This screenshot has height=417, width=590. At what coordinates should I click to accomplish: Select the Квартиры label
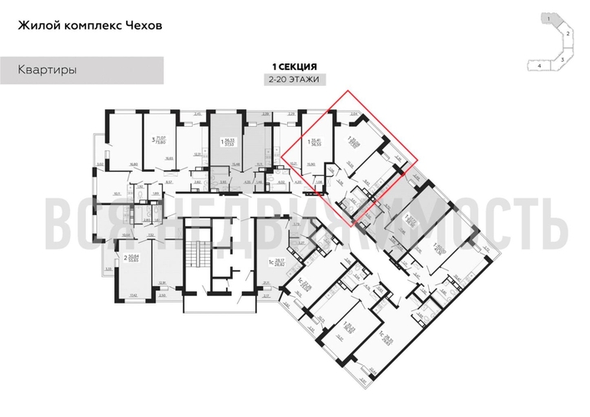click(48, 71)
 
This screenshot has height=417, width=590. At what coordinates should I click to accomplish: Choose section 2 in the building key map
click(567, 33)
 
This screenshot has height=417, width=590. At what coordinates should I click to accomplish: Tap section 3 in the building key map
click(562, 58)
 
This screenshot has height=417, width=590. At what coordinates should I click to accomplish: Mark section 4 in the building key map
click(540, 64)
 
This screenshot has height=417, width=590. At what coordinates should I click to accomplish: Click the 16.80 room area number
click(134, 165)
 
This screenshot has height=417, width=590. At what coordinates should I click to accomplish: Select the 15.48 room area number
click(236, 163)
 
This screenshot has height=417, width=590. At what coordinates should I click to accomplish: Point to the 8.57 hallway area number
click(167, 179)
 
